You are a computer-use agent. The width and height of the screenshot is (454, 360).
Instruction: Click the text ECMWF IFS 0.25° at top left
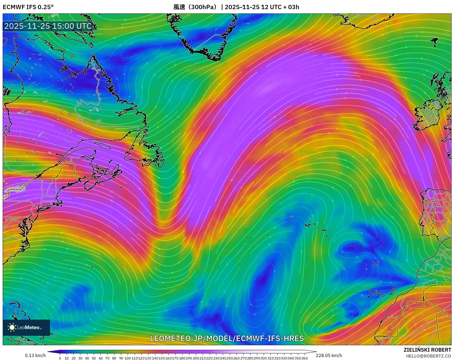click(28, 7)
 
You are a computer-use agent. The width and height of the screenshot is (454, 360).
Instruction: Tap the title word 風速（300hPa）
click(195, 7)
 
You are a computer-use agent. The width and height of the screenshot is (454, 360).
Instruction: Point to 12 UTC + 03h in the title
click(280, 7)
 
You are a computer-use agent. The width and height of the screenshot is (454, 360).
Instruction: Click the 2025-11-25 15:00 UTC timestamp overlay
click(48, 26)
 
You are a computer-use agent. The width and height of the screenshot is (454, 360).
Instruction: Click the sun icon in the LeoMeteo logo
click(12, 327)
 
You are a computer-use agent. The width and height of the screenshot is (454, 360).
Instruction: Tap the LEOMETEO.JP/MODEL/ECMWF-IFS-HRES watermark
click(227, 338)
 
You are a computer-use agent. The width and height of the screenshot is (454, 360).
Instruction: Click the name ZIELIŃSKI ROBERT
click(427, 350)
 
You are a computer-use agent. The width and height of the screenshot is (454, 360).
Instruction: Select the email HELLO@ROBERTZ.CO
click(428, 356)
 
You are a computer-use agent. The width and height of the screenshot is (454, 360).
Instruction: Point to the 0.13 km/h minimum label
click(35, 355)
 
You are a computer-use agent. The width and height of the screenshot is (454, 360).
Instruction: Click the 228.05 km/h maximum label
click(329, 355)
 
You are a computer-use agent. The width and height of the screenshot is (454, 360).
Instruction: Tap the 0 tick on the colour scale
click(60, 358)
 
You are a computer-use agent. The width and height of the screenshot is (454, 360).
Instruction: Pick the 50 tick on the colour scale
click(94, 358)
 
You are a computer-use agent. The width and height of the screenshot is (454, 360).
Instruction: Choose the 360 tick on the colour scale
click(305, 358)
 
